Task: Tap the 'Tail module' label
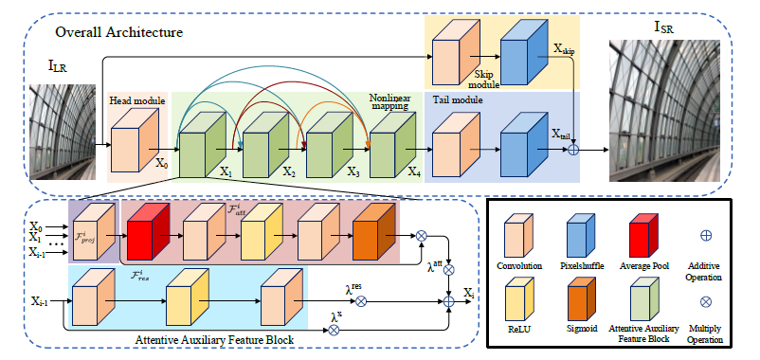point(459,99)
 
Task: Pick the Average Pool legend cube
point(645,236)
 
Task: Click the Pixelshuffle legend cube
point(579,236)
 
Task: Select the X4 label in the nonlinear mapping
point(413,172)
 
